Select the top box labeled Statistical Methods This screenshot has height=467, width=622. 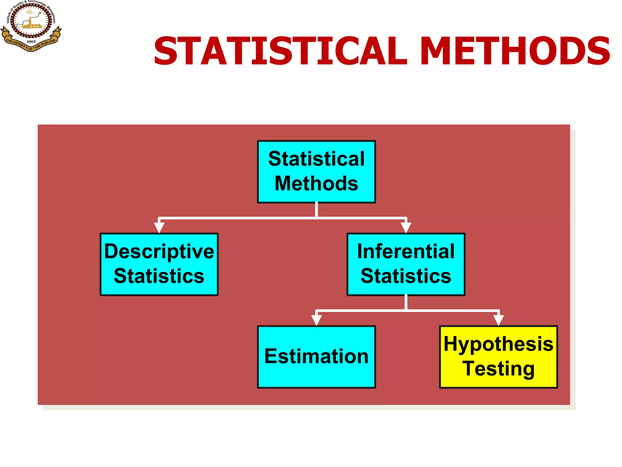316,171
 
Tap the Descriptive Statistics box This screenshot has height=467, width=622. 159,264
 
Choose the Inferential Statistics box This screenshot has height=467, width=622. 406,264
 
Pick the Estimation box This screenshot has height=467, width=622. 316,357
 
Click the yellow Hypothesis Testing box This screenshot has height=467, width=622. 498,357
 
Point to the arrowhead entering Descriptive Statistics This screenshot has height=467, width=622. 159,227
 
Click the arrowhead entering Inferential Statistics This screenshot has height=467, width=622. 406,227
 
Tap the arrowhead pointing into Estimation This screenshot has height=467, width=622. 316,320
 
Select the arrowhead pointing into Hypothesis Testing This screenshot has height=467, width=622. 498,320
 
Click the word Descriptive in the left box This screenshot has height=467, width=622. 159,252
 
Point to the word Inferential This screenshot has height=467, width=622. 406,252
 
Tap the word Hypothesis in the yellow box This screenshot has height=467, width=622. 498,344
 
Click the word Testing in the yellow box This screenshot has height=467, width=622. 498,369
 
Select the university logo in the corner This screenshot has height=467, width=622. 31,26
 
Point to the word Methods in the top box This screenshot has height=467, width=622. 316,184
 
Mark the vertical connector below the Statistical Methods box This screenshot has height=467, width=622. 316,210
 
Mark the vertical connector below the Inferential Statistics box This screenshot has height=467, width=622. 406,303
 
